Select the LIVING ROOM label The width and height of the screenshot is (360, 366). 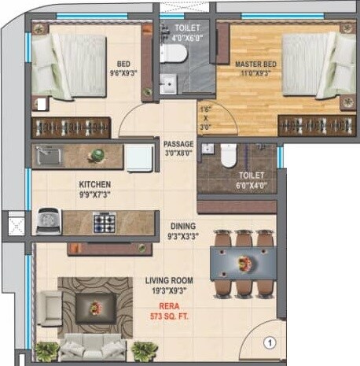coord(169,280)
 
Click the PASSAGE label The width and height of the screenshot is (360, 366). coord(178,144)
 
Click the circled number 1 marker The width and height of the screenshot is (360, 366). coord(268,342)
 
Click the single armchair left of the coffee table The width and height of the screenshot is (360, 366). coord(50,305)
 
